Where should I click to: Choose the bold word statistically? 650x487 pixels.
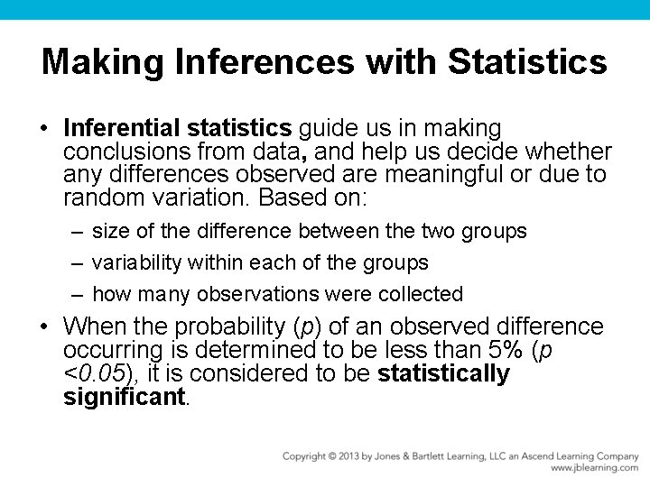(x=444, y=373)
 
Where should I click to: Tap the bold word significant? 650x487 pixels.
(x=124, y=397)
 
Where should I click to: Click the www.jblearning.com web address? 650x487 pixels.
(x=594, y=468)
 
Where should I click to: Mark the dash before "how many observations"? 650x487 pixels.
(x=78, y=294)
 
